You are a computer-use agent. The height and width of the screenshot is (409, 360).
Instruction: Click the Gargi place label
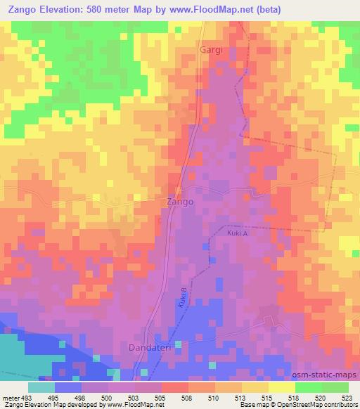pyautogui.click(x=211, y=50)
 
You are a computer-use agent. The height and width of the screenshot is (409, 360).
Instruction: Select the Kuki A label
pyautogui.click(x=236, y=234)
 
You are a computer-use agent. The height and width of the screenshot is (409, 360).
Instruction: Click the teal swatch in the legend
pyautogui.click(x=41, y=387)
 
